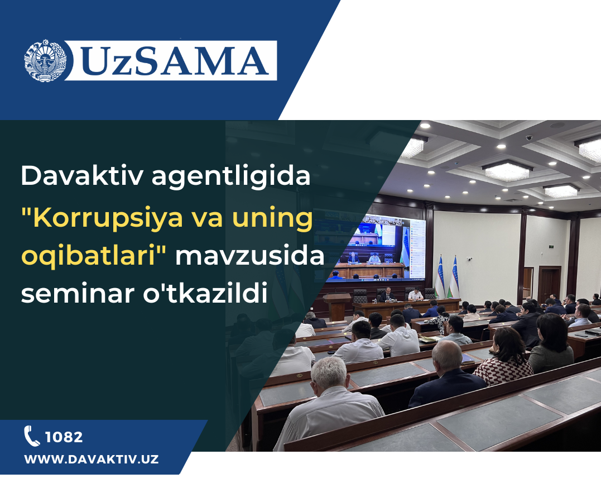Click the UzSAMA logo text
point(175,61)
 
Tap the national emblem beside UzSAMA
point(45,60)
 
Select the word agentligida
point(230,177)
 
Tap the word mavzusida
point(250,255)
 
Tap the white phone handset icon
point(32,436)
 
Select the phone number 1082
point(64,437)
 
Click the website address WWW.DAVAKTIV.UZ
point(91,459)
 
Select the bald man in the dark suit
point(447,374)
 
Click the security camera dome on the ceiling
point(529,137)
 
